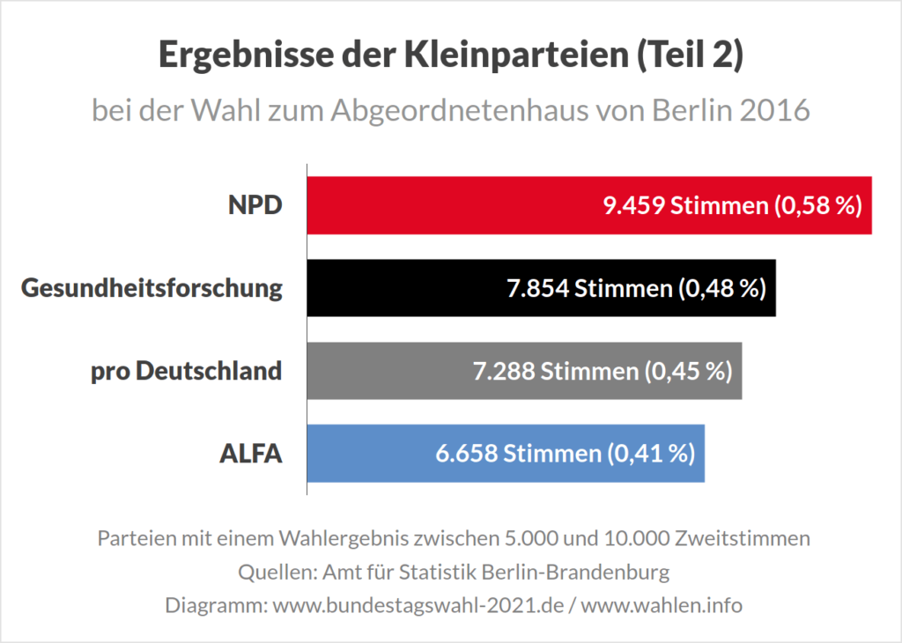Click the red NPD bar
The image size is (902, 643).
[440, 205]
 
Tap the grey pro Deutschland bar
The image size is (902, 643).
[379, 371]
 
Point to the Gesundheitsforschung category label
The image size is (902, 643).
[152, 288]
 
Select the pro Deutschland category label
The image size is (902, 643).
[187, 371]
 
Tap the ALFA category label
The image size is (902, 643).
[250, 454]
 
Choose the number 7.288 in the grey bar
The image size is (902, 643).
[501, 372]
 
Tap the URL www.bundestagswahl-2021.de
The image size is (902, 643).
[418, 606]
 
